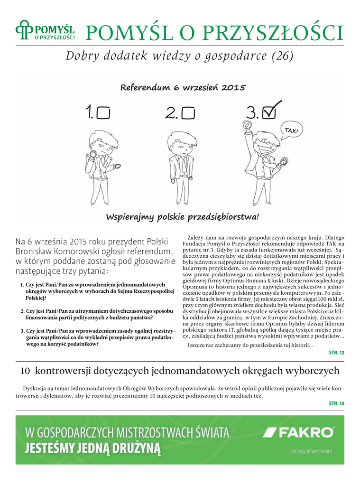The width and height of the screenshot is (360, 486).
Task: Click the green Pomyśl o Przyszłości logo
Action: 45,32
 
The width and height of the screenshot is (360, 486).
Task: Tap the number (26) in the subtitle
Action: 282,56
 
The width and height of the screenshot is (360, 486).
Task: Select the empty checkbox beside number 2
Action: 188,112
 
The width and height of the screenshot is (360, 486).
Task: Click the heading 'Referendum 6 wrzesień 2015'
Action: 182,88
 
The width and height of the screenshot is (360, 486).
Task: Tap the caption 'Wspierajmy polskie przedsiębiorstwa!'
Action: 182,217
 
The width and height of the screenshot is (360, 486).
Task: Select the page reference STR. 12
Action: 336,353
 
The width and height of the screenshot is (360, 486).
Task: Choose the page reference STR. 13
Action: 336,403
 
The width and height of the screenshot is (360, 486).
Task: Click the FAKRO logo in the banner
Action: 299,432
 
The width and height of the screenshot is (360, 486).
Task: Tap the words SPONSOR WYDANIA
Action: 311,451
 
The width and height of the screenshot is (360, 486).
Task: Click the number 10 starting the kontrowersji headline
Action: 26,371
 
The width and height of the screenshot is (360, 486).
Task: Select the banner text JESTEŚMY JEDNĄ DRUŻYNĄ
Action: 93,448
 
